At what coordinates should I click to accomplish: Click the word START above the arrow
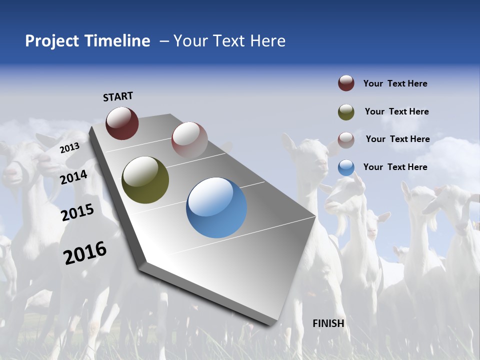click(118, 96)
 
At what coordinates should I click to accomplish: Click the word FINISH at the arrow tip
click(328, 323)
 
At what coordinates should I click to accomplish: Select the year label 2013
click(69, 148)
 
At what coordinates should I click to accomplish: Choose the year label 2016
click(85, 253)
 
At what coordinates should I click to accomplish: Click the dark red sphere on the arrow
click(122, 123)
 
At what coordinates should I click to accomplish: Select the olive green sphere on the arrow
click(145, 180)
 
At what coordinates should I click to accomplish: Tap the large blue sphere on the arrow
click(216, 207)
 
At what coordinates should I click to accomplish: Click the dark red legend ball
click(346, 83)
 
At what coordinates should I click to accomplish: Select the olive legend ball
click(346, 112)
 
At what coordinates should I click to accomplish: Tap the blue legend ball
click(346, 167)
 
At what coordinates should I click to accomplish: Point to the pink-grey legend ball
click(346, 139)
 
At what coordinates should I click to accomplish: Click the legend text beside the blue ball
click(395, 167)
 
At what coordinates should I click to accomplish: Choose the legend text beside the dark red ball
click(395, 83)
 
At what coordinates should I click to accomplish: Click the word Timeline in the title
click(117, 41)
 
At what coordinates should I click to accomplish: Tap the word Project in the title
click(52, 41)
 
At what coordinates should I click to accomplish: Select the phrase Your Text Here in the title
click(229, 41)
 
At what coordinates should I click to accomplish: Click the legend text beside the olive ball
click(396, 111)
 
